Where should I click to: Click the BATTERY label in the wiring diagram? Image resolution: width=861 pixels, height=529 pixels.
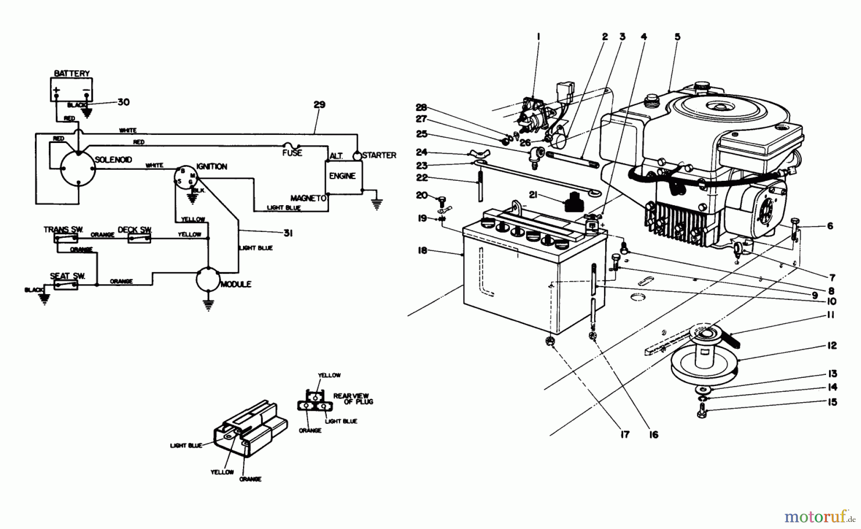click(x=72, y=73)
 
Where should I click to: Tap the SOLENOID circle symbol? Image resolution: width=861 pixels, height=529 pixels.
click(x=78, y=169)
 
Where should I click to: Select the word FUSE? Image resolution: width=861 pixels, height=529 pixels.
click(x=292, y=153)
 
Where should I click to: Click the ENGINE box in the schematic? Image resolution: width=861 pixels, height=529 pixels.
click(x=343, y=176)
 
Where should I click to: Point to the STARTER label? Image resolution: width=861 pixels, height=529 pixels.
click(x=379, y=155)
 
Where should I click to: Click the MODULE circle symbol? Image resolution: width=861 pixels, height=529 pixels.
click(x=208, y=279)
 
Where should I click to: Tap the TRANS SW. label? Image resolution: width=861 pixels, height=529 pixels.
click(x=64, y=230)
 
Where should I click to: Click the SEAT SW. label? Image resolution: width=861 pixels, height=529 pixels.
click(x=67, y=276)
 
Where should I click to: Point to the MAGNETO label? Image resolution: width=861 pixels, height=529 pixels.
click(x=308, y=198)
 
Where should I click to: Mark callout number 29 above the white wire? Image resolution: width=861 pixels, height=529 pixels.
click(x=320, y=105)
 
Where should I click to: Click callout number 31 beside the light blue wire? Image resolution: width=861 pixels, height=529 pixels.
click(x=287, y=233)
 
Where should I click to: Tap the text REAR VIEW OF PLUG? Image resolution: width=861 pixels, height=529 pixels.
click(x=354, y=399)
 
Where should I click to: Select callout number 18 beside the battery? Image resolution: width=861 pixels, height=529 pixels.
click(x=422, y=250)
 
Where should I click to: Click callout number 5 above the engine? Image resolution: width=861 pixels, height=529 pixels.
click(x=677, y=37)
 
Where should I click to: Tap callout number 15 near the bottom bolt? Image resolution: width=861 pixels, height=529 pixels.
click(x=832, y=402)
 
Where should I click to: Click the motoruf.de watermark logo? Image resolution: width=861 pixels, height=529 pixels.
click(x=818, y=517)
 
